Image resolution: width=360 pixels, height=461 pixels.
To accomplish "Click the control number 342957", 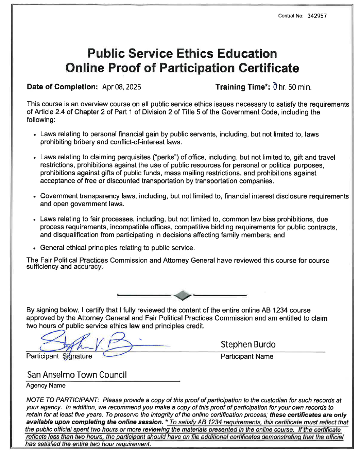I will click(x=317, y=16).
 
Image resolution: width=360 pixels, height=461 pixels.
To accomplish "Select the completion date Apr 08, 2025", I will click(x=121, y=87).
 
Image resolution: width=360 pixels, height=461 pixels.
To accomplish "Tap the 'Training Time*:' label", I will click(x=243, y=87).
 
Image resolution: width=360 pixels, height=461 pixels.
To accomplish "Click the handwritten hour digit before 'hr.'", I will click(x=275, y=87).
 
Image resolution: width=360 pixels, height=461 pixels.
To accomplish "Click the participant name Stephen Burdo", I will click(x=248, y=344).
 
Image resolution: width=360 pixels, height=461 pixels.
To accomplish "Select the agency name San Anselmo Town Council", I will click(x=77, y=375).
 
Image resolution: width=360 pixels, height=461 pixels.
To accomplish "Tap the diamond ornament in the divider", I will click(x=182, y=295).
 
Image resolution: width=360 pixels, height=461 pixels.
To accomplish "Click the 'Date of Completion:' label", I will click(x=62, y=87).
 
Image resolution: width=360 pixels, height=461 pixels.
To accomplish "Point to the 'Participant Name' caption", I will click(x=247, y=356).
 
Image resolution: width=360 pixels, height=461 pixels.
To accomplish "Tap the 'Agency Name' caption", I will click(x=46, y=386).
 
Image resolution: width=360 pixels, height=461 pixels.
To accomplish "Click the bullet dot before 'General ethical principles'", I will click(x=35, y=248).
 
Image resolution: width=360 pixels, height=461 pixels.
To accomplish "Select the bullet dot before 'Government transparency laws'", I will click(x=35, y=197).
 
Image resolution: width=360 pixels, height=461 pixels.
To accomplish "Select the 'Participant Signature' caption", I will click(x=59, y=356).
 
